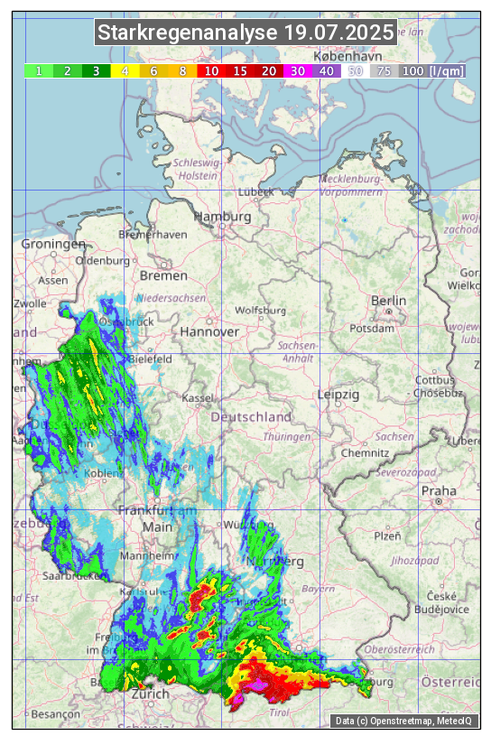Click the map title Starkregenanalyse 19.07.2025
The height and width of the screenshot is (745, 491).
click(245, 33)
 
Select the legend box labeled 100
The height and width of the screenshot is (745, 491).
click(412, 70)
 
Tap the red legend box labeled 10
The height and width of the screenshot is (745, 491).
click(211, 70)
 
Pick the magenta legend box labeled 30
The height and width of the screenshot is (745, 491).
click(297, 70)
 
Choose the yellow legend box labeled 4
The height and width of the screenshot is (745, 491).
click(125, 70)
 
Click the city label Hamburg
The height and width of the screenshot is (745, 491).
click(222, 218)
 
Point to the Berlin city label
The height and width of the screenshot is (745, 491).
click(389, 301)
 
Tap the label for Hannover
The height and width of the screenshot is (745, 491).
click(209, 331)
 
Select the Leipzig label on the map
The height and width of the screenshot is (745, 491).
click(338, 395)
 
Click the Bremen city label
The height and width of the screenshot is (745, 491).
click(163, 275)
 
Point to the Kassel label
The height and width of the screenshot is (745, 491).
click(197, 397)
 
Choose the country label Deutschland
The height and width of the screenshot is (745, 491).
click(251, 417)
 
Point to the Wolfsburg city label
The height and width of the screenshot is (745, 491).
click(260, 311)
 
